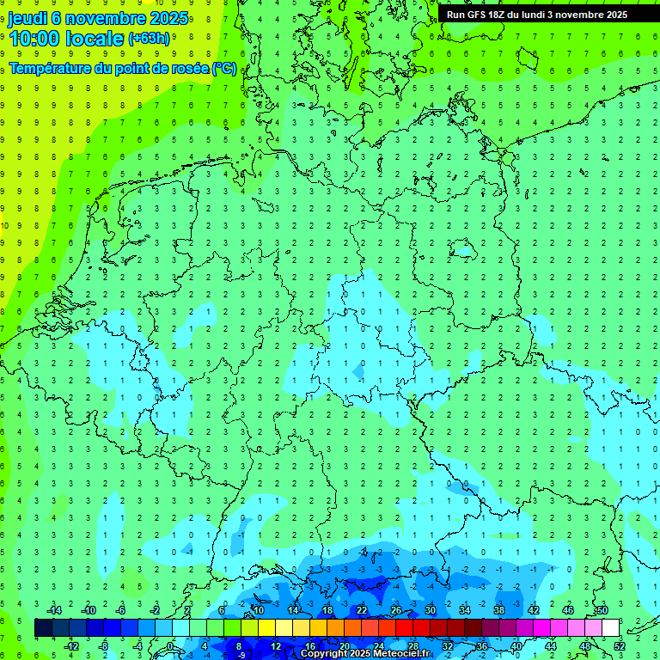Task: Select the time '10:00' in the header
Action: (x=37, y=38)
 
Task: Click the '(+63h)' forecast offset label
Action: (x=149, y=39)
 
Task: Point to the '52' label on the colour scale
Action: (x=620, y=645)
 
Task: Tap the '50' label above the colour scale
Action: (x=602, y=610)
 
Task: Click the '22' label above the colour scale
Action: (x=362, y=610)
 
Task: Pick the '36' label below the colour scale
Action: (x=482, y=645)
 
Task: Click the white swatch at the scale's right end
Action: (x=610, y=627)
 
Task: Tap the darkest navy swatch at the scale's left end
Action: (x=43, y=627)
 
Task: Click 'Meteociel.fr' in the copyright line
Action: (x=402, y=654)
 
